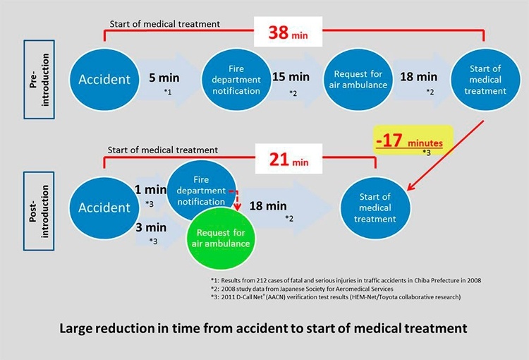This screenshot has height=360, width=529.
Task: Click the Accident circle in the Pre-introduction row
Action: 105,80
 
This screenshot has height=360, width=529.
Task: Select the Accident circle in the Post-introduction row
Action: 104,208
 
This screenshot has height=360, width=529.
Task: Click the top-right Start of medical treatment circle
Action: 486,80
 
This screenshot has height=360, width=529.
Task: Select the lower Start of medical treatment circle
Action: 375,208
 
